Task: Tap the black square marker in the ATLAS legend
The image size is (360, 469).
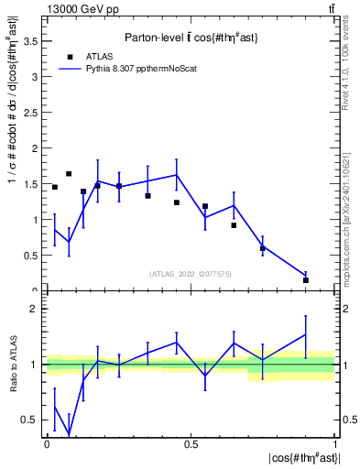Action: [70, 56]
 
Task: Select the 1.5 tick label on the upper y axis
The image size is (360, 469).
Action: [33, 183]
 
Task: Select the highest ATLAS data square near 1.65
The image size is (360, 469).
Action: [69, 173]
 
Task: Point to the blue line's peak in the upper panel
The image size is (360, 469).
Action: [176, 175]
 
